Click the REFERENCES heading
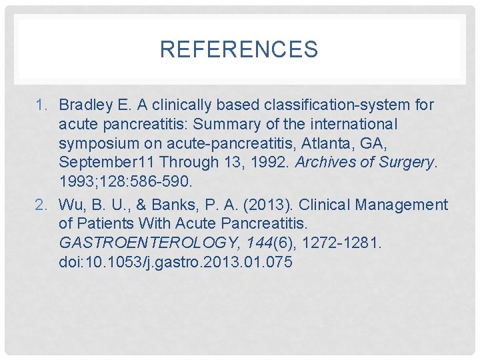[x=239, y=49]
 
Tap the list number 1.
[x=41, y=105]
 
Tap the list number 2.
[x=41, y=205]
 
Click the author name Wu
[x=70, y=205]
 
